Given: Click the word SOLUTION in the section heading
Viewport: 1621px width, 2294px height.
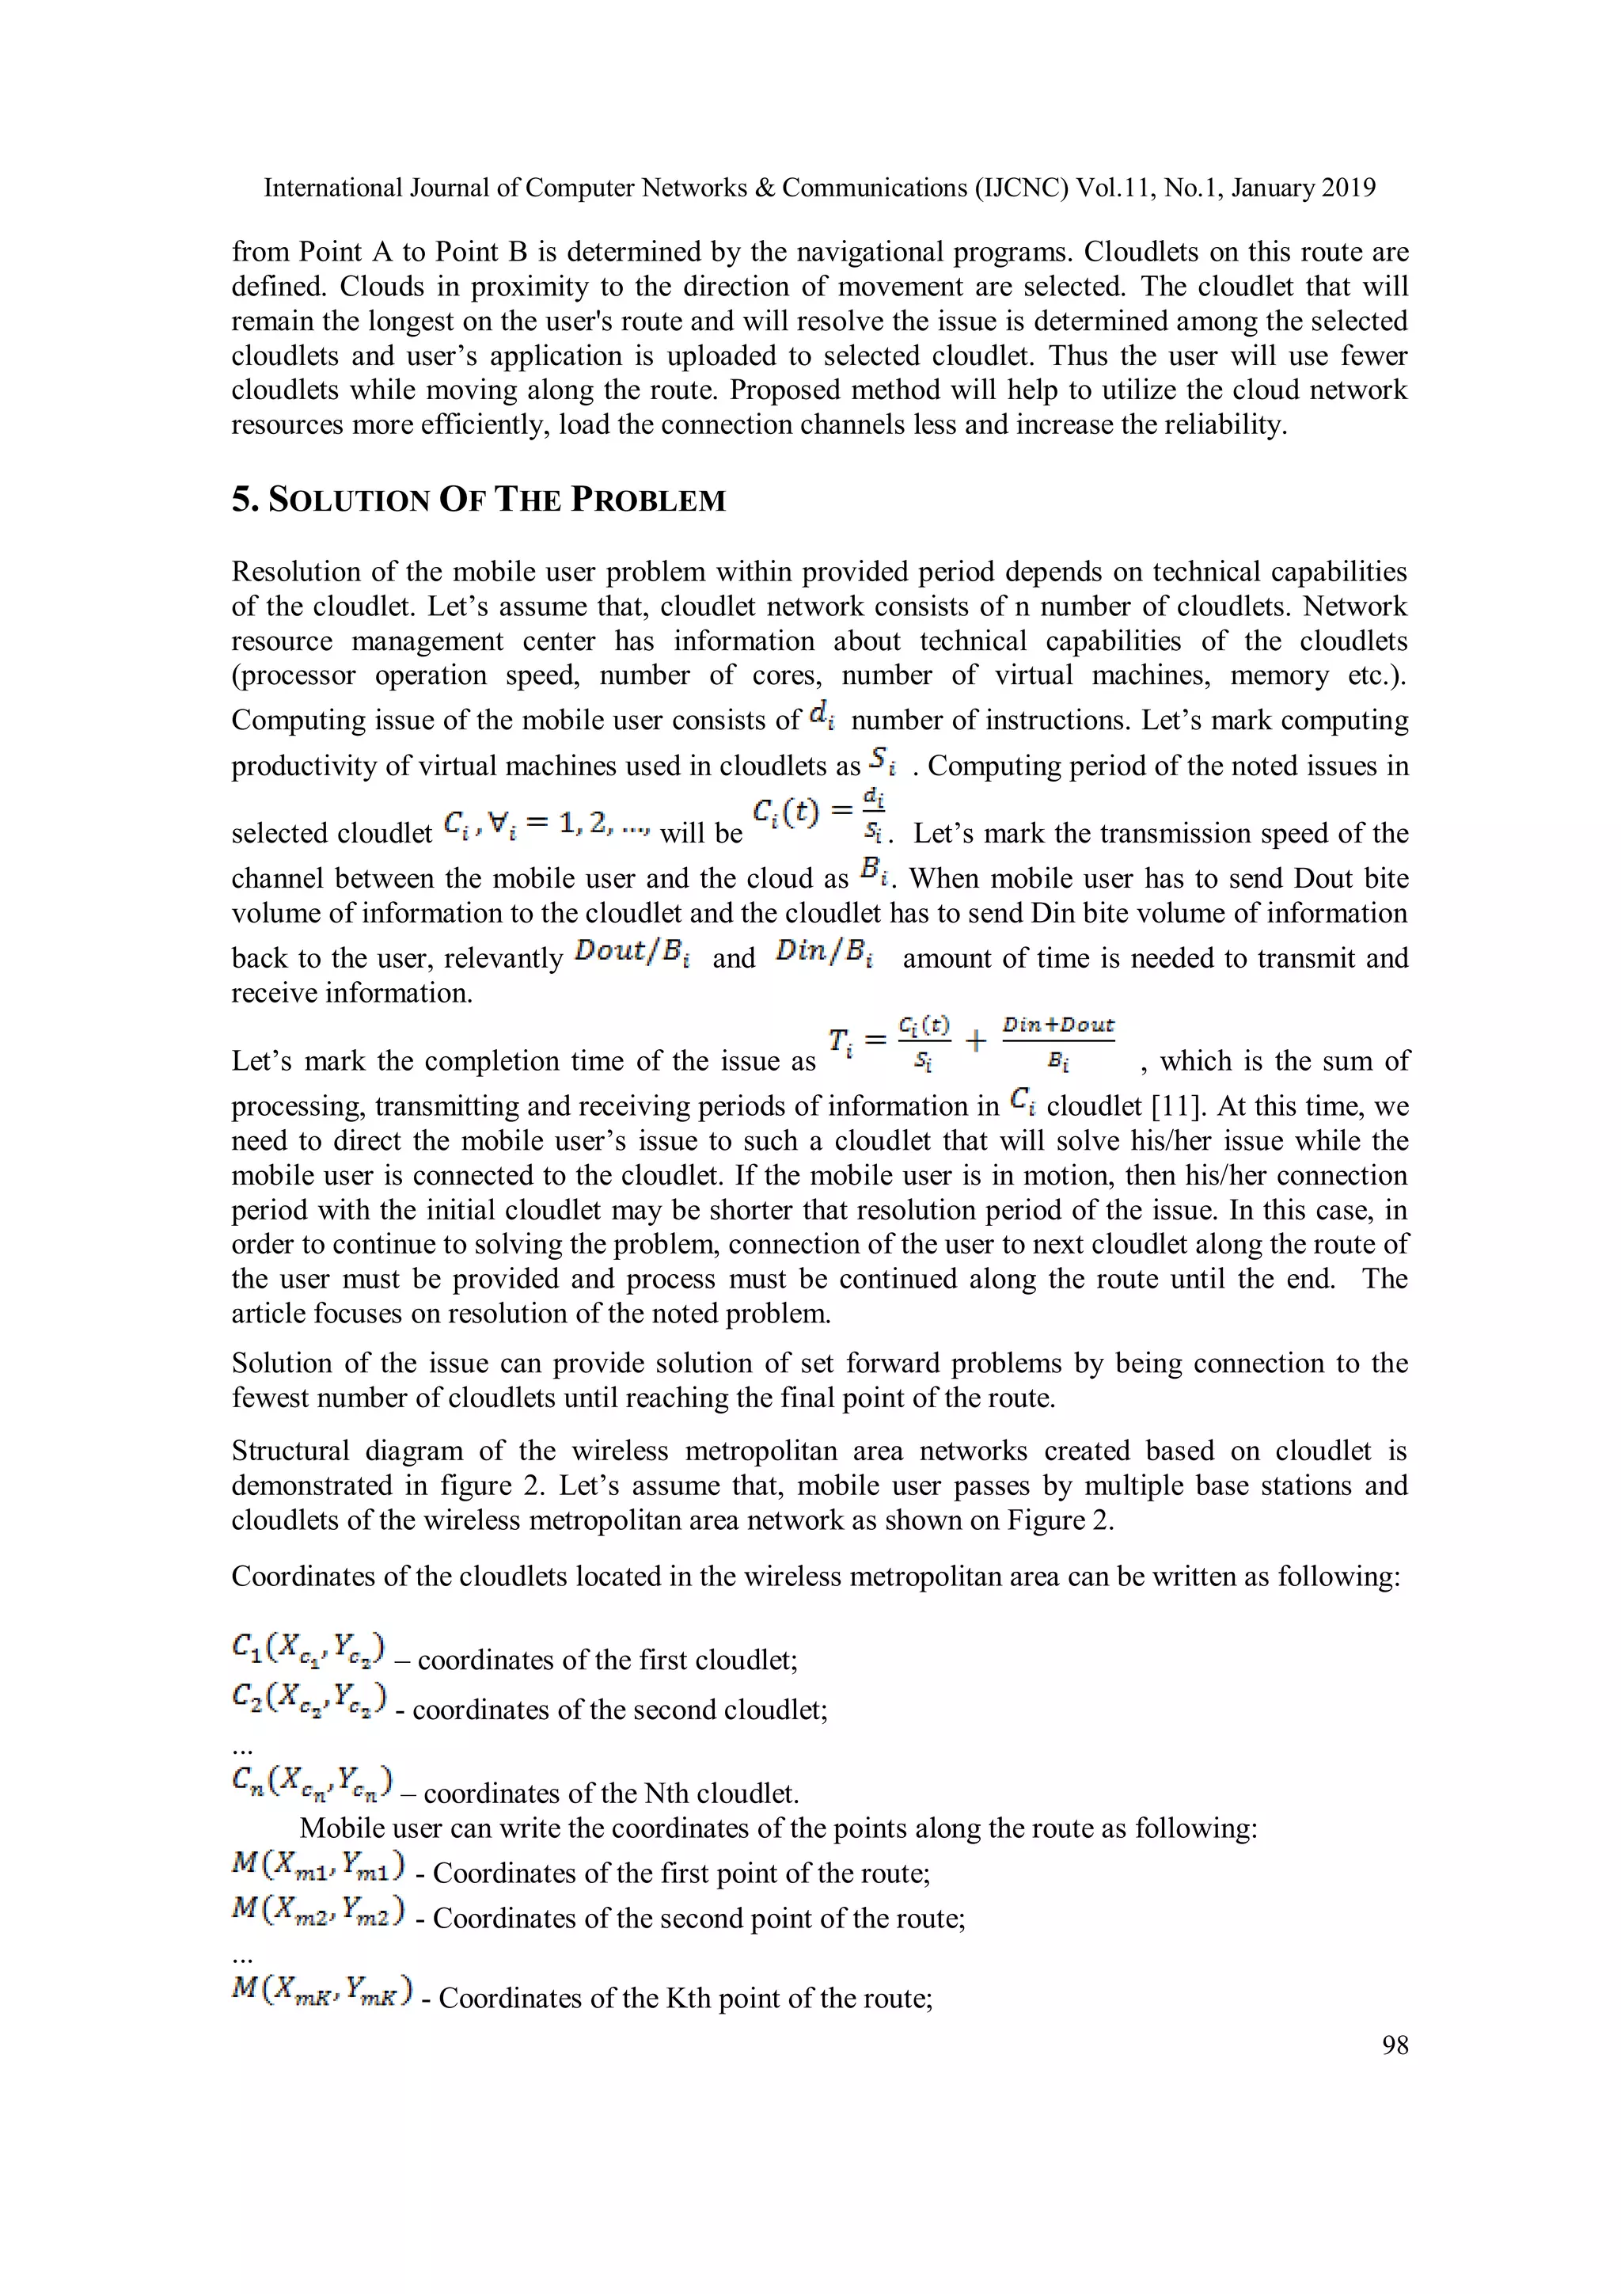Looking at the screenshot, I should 350,500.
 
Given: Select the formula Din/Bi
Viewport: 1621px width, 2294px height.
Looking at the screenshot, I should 824,953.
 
